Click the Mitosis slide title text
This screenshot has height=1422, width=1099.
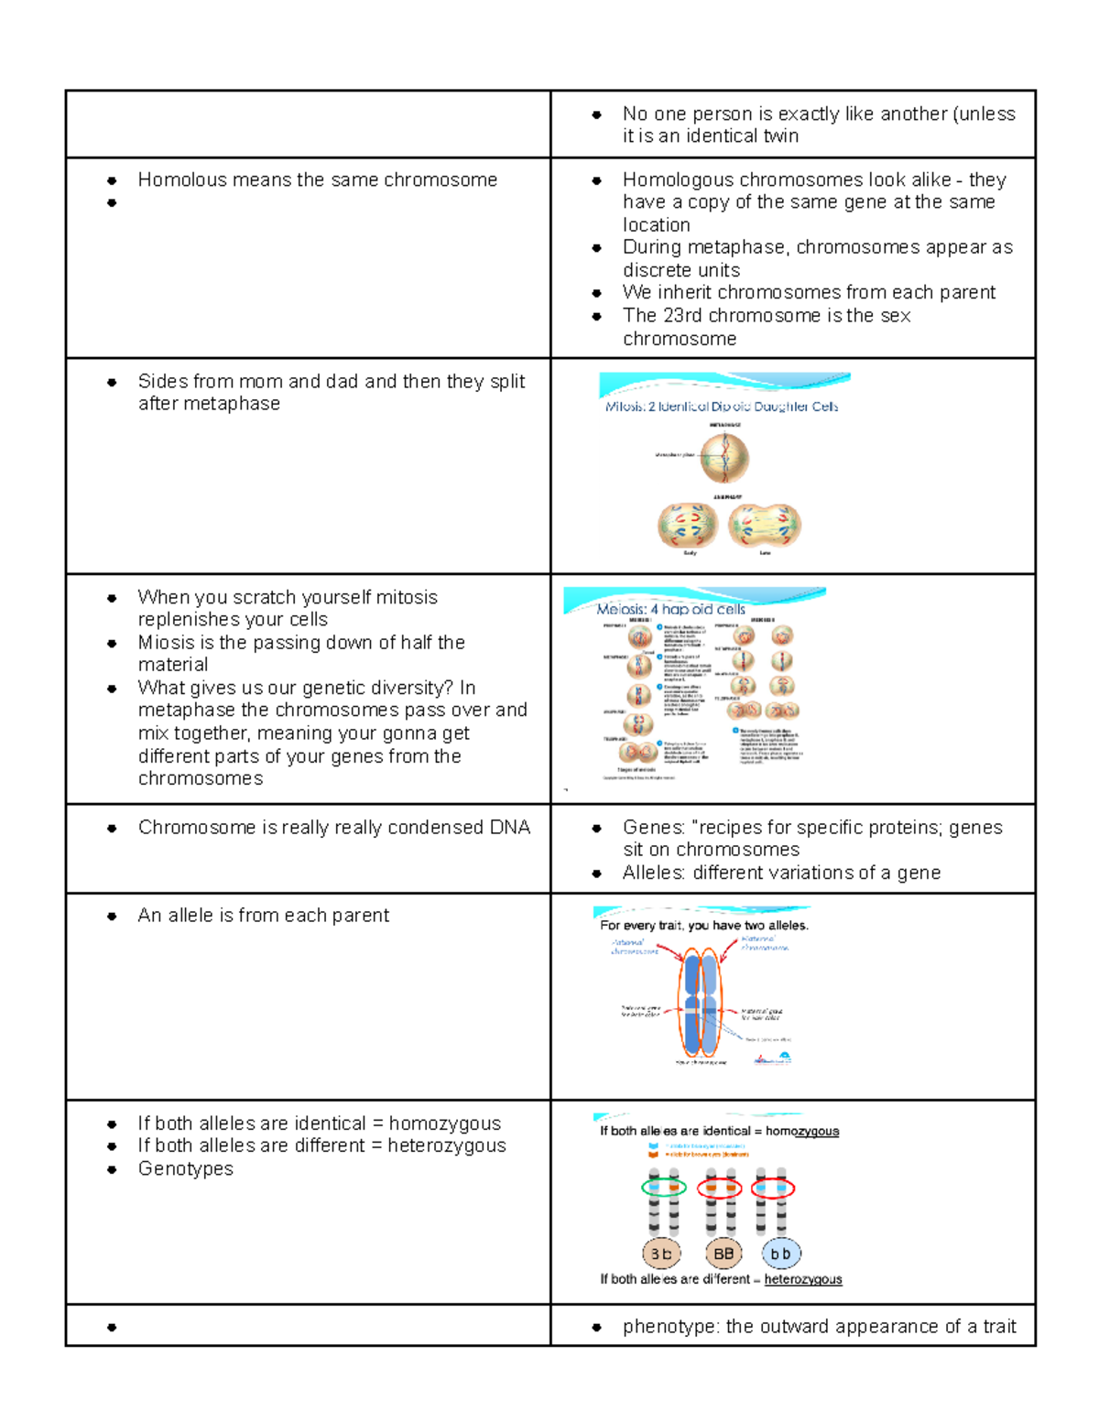[x=722, y=407]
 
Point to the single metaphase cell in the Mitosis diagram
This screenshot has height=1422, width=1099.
[x=724, y=457]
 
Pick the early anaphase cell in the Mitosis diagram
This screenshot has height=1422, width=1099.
[x=688, y=526]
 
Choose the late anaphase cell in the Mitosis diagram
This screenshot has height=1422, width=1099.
[x=765, y=526]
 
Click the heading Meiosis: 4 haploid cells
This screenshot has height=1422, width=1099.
[x=670, y=609]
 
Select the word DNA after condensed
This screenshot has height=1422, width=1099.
[x=510, y=828]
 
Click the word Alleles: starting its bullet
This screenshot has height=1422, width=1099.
[x=654, y=873]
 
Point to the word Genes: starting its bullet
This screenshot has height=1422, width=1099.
[x=653, y=828]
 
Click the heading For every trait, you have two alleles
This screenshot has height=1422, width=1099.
[x=704, y=926]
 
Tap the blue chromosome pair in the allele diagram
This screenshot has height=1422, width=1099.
[x=701, y=1004]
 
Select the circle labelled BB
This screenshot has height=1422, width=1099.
[x=724, y=1254]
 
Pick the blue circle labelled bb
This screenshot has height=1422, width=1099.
[x=780, y=1254]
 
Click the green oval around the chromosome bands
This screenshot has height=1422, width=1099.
[x=664, y=1188]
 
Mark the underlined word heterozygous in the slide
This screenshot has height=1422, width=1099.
[x=803, y=1279]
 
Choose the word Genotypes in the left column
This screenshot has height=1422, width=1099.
[x=186, y=1169]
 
